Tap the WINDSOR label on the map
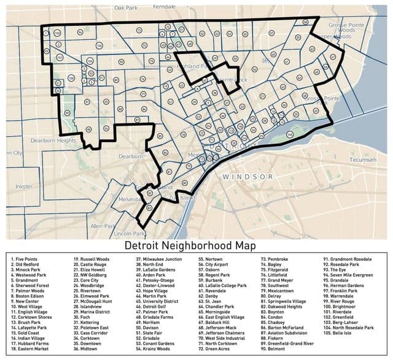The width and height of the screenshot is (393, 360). [x=247, y=177]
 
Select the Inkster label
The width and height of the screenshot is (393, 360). [x=25, y=186]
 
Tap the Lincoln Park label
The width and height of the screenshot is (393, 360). [x=129, y=234]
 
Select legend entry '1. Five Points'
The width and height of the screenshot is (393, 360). [x=28, y=259]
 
